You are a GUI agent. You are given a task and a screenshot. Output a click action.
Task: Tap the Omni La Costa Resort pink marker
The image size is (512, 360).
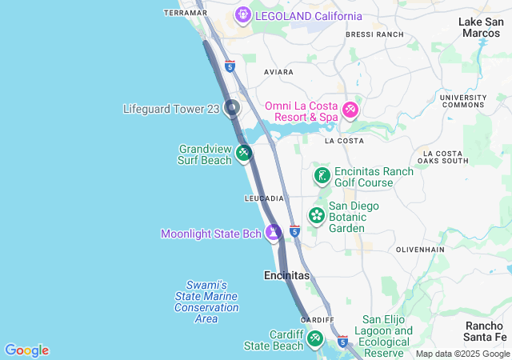coord(350,110)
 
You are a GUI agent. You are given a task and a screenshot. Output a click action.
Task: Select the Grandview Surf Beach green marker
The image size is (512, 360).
coord(244,152)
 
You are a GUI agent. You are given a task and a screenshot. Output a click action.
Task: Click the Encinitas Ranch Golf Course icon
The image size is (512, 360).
coord(322,176)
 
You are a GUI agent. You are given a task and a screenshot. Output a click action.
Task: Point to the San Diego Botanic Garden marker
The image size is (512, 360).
coord(317,215)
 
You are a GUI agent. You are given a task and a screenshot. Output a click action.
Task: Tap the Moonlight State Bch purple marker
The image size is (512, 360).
coord(274,232)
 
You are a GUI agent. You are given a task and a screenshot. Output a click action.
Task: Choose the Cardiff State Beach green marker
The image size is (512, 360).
coord(315,339)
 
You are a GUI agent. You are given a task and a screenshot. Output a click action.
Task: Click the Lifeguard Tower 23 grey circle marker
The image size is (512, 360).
coord(232,108)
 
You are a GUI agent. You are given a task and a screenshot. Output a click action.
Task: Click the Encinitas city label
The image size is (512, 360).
coord(286,275)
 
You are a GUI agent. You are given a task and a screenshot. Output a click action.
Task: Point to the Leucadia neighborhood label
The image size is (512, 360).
coord(263,198)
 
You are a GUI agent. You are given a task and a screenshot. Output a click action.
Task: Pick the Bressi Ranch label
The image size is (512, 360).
coord(374,34)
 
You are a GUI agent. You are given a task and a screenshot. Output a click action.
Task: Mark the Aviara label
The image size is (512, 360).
coord(279,72)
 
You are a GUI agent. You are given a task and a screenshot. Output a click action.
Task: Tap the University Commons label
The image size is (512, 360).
coord(463,102)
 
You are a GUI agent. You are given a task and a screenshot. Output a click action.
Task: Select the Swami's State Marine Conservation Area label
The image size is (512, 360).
coord(206,302)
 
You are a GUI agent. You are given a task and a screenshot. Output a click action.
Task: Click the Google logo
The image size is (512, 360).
coord(26,350)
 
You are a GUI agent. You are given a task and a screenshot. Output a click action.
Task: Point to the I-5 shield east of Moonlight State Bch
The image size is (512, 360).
coord(294,231)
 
